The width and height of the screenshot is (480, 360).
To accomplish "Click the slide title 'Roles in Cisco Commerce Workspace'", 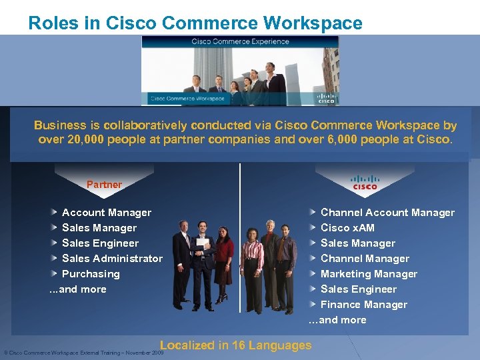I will [195, 23].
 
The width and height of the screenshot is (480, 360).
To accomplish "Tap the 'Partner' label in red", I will [104, 185].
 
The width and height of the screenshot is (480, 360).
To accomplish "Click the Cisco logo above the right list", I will [365, 182].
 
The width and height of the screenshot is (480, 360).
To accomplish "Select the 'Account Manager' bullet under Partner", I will [106, 213].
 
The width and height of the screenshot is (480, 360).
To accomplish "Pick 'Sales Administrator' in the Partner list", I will [112, 259].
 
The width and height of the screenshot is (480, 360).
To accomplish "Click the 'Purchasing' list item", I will [91, 274].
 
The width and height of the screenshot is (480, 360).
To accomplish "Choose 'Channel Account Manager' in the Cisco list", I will [387, 213].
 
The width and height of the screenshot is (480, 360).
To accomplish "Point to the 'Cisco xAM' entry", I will [347, 228].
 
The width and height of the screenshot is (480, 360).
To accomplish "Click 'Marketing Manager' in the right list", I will [369, 274].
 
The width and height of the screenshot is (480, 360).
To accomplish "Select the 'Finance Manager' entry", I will [363, 305].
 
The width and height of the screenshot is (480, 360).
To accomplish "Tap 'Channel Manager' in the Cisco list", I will [365, 259].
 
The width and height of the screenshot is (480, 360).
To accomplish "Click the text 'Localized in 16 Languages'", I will [235, 345].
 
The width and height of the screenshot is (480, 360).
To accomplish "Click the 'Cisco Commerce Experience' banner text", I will [240, 41].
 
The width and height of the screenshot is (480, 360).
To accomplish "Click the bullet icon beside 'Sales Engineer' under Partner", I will [54, 243].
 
